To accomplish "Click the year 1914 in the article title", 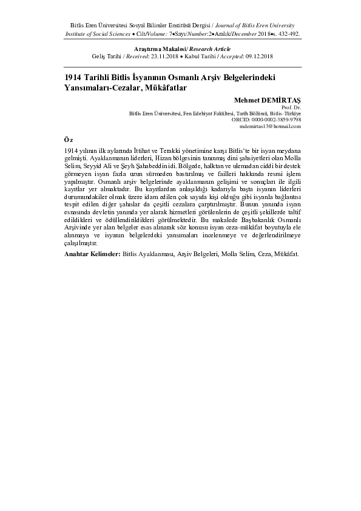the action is tap(74, 78).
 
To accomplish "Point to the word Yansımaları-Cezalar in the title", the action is tap(100, 87).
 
